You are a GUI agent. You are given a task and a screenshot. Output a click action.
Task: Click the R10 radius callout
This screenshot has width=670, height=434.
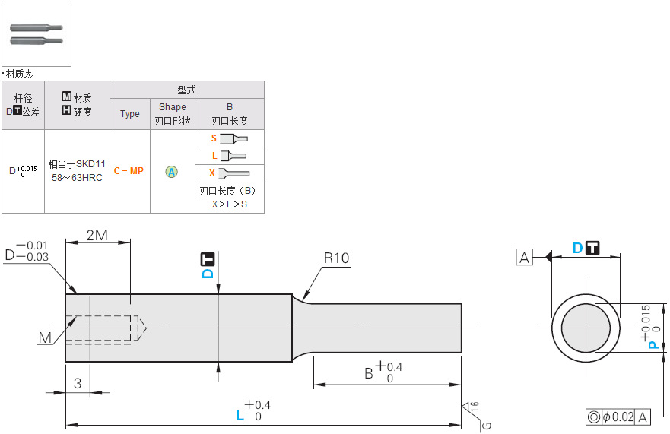[x=336, y=258]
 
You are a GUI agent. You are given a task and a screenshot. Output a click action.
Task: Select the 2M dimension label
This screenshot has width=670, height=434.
[x=97, y=235]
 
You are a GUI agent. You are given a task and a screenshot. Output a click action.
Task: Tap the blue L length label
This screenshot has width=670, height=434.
[x=240, y=415]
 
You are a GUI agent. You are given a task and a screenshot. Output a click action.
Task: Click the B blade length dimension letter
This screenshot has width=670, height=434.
[x=368, y=372]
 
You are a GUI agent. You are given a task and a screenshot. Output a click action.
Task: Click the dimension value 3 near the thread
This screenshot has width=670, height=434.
[x=78, y=383]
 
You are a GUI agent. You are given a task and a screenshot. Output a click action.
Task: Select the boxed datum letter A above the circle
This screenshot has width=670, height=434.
[x=524, y=257]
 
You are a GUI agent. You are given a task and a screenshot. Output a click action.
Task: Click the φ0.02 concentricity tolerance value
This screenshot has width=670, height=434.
[x=618, y=417]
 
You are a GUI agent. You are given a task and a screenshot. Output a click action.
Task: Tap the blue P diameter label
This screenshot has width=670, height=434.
[x=652, y=344]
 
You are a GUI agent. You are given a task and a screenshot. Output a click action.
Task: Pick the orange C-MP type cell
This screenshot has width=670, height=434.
[x=129, y=171]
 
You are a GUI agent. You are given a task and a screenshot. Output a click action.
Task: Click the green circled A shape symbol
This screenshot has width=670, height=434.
[x=172, y=172]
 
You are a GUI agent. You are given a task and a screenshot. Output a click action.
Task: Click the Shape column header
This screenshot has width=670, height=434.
[x=173, y=107]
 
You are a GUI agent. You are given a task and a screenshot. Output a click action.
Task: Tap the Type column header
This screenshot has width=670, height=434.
[x=130, y=114]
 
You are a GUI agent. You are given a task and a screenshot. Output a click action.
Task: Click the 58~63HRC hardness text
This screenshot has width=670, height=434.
[x=77, y=177]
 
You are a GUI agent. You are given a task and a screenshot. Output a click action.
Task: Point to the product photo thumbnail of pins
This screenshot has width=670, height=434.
[x=36, y=33]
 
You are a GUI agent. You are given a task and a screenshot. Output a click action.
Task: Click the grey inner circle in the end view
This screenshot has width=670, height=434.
[x=586, y=328]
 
